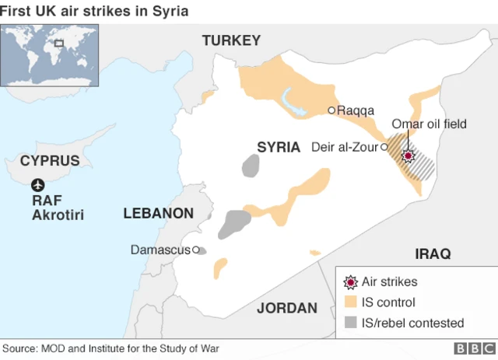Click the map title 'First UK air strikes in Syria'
(x=94, y=11)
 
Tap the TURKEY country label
(x=231, y=40)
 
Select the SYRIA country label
(x=279, y=147)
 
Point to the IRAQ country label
(x=433, y=253)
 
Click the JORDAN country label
(x=287, y=308)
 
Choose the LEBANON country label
(x=158, y=213)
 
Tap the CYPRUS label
(x=50, y=161)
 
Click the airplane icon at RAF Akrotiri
(x=38, y=185)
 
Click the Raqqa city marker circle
(x=331, y=110)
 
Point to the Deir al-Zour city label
(x=344, y=147)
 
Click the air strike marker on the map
(x=407, y=156)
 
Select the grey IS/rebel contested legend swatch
(x=351, y=323)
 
